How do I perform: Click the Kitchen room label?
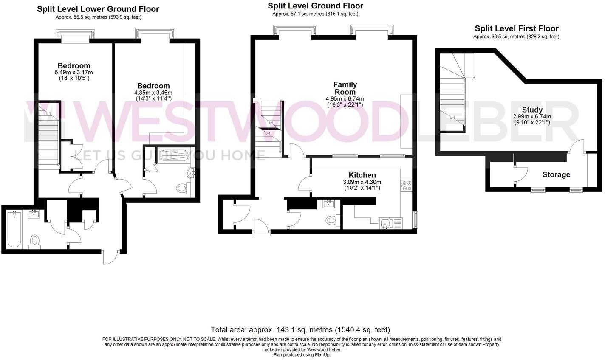362,175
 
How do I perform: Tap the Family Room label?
345,88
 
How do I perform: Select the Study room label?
532,110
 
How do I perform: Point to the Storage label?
556,174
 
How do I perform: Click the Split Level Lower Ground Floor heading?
98,9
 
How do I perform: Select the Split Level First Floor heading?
516,28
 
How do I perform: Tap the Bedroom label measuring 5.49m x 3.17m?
74,66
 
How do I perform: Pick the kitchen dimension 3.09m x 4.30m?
362,182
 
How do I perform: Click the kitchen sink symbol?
386,223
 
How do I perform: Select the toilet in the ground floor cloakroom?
332,220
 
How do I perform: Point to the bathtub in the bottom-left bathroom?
14,229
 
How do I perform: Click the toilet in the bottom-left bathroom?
34,241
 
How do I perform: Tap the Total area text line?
300,329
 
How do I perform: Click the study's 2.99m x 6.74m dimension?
532,117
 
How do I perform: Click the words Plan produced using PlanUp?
302,355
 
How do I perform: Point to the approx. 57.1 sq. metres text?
315,14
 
